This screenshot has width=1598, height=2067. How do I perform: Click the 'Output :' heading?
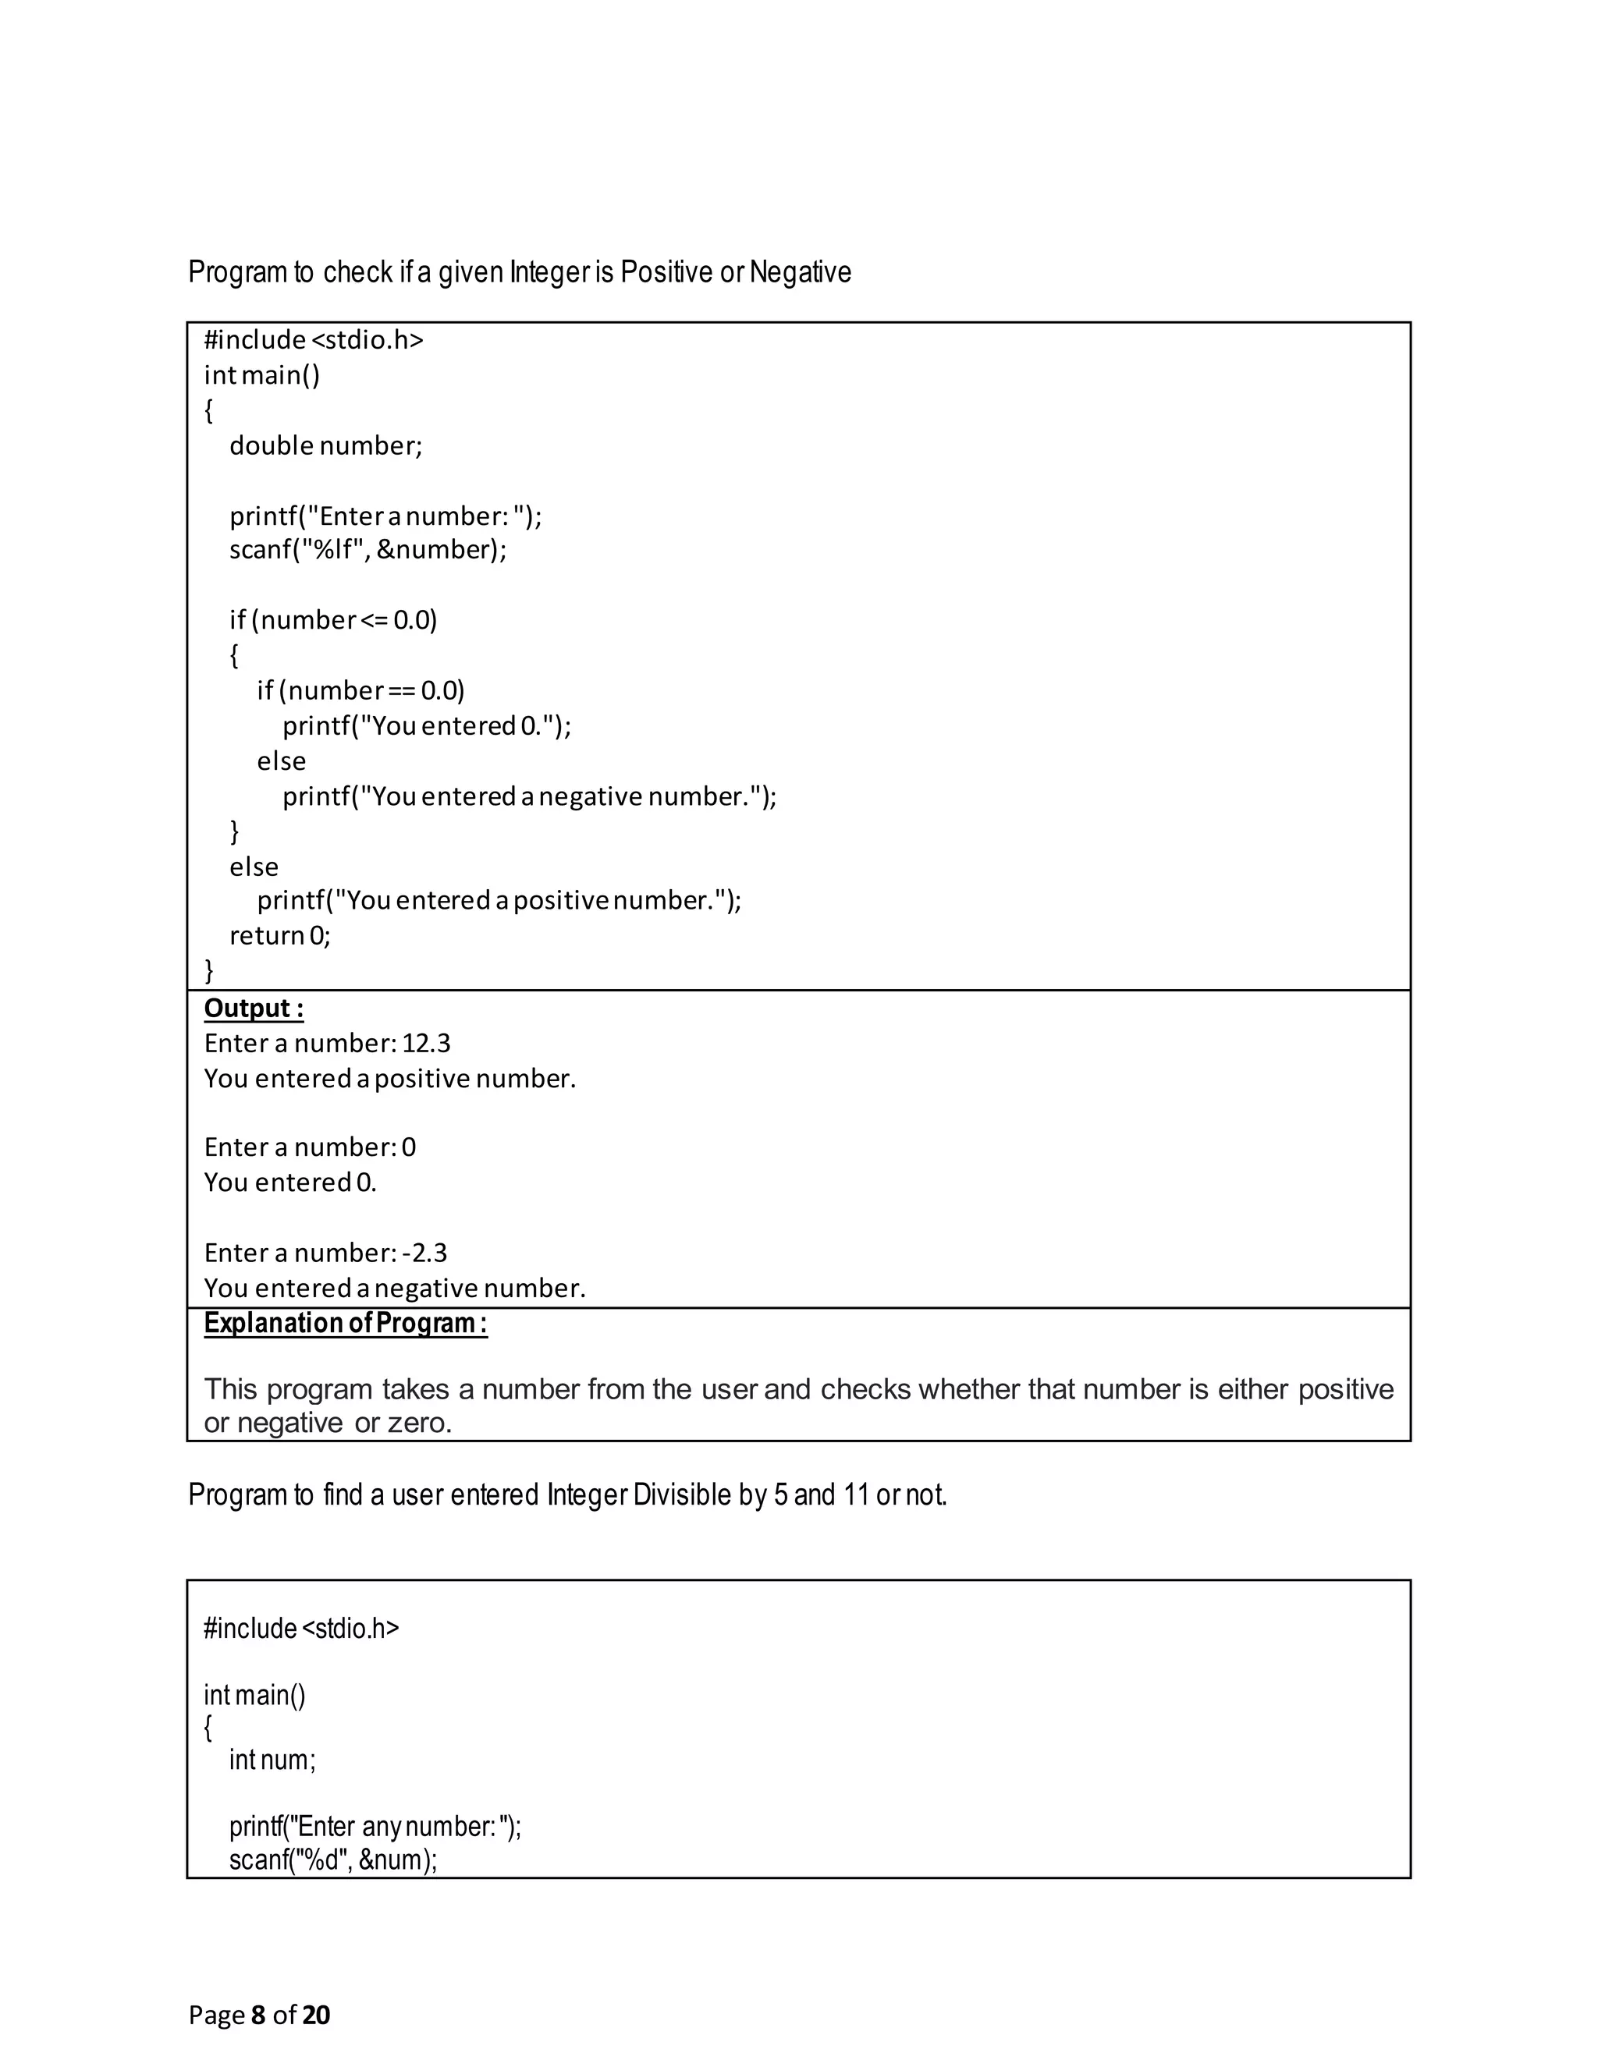click(x=254, y=1009)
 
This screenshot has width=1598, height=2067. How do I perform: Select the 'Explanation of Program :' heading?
click(x=346, y=1323)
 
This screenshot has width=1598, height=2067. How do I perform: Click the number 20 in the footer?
click(x=316, y=2015)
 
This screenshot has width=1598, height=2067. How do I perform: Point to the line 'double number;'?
click(x=325, y=445)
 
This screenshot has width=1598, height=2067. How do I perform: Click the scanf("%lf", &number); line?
click(x=368, y=550)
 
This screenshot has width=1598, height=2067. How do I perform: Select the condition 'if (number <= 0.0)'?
click(x=333, y=620)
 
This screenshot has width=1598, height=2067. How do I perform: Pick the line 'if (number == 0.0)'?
click(x=360, y=690)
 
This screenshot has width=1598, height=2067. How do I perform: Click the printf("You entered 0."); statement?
click(x=427, y=726)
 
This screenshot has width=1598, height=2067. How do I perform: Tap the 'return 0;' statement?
click(x=280, y=935)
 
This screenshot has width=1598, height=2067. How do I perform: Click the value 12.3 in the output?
click(x=426, y=1043)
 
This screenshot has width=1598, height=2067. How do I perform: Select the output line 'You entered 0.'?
click(x=289, y=1183)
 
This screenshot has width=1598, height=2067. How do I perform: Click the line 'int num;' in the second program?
click(x=272, y=1760)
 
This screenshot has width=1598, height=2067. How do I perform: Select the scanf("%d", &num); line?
click(x=333, y=1860)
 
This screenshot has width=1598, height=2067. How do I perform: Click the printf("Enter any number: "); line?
click(x=375, y=1827)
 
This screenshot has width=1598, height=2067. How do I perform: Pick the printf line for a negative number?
click(x=529, y=797)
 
